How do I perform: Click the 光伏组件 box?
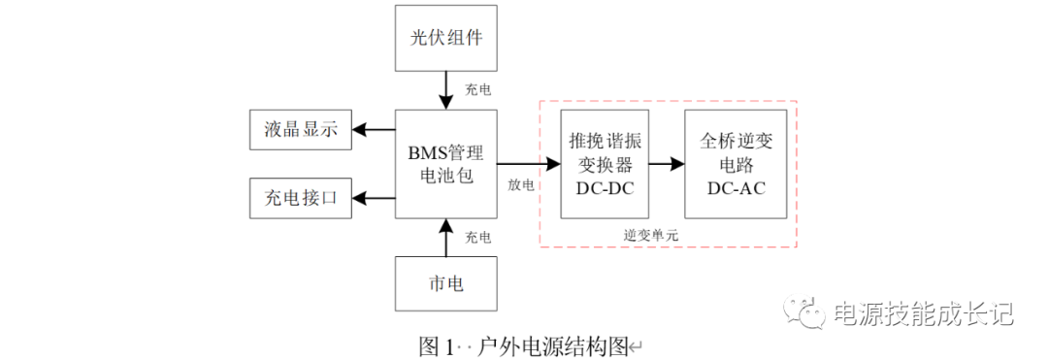[x=445, y=39]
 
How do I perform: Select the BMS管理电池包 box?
[x=445, y=164]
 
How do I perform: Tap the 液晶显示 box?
[x=300, y=130]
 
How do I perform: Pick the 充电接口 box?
[x=300, y=198]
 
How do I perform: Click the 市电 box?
[x=445, y=284]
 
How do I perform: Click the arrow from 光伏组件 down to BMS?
[x=445, y=90]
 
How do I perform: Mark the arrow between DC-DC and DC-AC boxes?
[x=666, y=164]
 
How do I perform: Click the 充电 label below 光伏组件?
[x=477, y=90]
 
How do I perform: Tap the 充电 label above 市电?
[x=477, y=237]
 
